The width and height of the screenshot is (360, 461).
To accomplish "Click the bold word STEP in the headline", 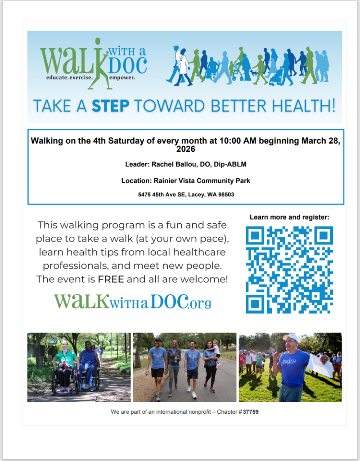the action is click(x=111, y=106).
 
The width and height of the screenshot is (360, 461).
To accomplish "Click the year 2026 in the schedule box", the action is click(x=186, y=149).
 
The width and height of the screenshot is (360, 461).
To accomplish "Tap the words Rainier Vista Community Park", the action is click(x=202, y=181).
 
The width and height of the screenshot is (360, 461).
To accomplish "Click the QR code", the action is click(x=289, y=270).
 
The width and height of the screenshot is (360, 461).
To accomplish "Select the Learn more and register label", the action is click(x=289, y=217).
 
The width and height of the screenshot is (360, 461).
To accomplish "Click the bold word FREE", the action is click(x=111, y=279).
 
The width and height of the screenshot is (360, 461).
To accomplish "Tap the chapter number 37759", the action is click(x=251, y=412).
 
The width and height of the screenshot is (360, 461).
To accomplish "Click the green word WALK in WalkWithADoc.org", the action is click(x=82, y=301).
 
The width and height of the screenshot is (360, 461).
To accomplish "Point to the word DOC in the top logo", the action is click(x=127, y=65).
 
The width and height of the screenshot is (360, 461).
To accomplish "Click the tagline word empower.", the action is click(x=122, y=78).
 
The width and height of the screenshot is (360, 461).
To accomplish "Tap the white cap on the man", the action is click(x=291, y=337).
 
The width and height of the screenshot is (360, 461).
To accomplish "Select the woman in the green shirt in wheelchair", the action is click(x=64, y=366).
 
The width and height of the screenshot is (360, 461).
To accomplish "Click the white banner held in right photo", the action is click(x=320, y=366).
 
